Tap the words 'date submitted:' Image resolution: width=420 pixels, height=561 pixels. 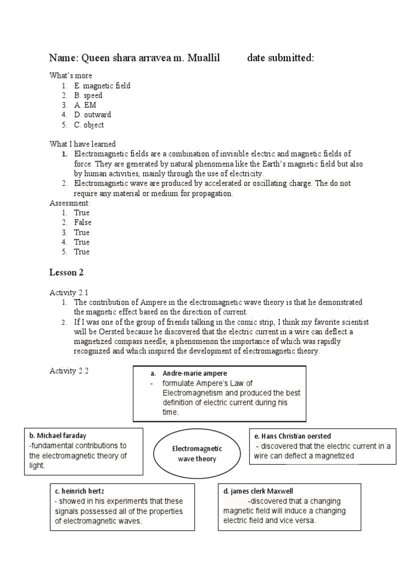(x=281, y=59)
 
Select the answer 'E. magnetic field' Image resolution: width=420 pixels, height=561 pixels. (x=102, y=86)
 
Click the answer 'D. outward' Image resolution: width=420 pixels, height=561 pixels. (x=92, y=115)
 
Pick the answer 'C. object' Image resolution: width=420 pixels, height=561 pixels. (x=89, y=125)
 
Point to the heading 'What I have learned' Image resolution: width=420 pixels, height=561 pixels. (x=83, y=144)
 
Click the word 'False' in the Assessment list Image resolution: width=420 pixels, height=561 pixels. (x=83, y=222)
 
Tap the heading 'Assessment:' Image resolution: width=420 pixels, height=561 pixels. (x=70, y=203)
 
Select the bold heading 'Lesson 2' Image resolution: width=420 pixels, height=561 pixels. (x=66, y=272)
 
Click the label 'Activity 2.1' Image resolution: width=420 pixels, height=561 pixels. (x=69, y=293)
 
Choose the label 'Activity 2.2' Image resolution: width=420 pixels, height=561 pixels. (x=69, y=371)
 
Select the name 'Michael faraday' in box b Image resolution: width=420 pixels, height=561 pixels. (x=58, y=436)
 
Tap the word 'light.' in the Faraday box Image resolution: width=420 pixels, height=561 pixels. (x=37, y=465)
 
